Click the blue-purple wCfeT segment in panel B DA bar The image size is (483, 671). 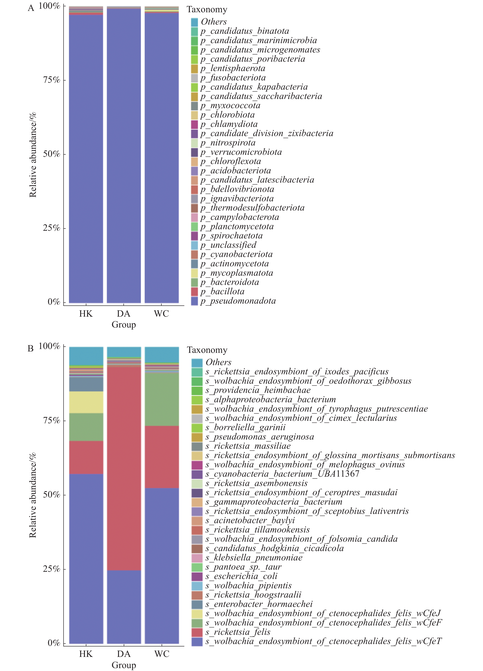[x=124, y=607]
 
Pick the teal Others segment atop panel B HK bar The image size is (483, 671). [x=86, y=356]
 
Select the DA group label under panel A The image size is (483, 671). [x=124, y=314]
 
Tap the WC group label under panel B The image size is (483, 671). [x=162, y=654]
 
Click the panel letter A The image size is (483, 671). [x=31, y=8]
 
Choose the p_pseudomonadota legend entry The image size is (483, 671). [x=238, y=301]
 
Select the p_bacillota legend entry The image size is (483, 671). [x=222, y=292]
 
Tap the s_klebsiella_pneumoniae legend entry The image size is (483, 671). [x=254, y=558]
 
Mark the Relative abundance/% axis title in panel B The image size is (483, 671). [x=33, y=495]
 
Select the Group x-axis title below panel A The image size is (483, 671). [x=124, y=325]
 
